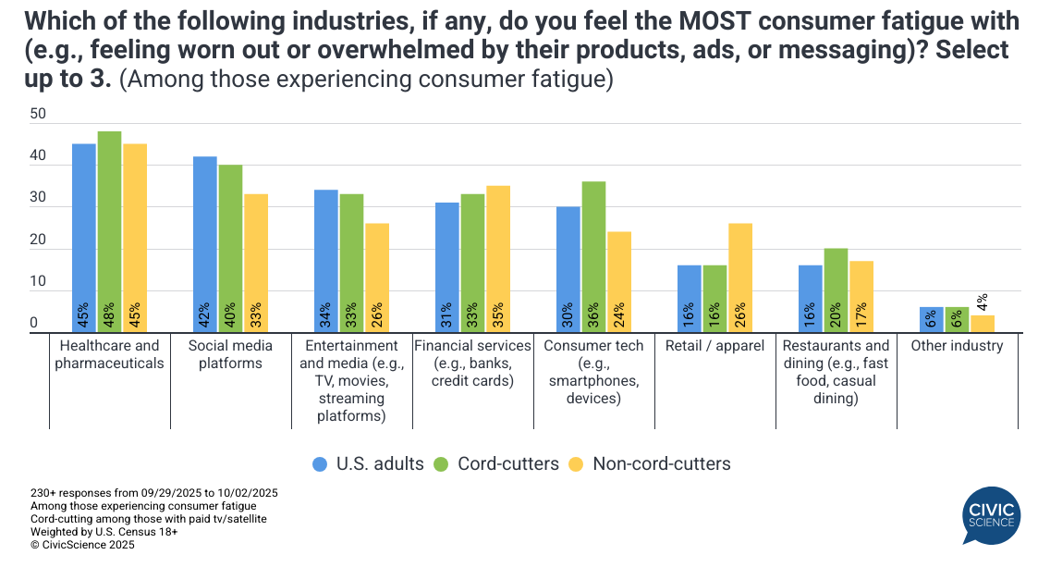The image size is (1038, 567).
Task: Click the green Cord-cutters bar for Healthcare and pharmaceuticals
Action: [x=109, y=231]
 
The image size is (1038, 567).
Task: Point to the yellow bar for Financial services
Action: [x=497, y=259]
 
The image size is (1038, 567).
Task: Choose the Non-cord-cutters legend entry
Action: [x=649, y=463]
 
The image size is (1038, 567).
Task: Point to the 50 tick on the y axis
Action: [x=38, y=114]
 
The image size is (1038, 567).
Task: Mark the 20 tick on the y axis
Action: [x=38, y=240]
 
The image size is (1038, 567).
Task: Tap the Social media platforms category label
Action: [x=230, y=354]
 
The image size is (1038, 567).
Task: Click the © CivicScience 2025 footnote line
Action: [x=82, y=546]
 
